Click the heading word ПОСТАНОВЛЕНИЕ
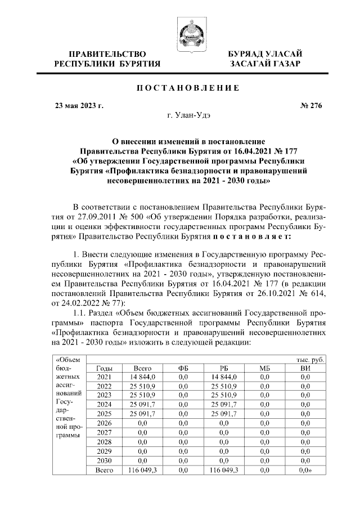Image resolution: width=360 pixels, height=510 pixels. coord(180,87)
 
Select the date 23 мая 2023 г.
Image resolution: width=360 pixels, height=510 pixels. coord(79,105)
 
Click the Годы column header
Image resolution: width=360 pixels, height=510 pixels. coord(105,368)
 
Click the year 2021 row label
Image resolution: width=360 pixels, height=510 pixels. coord(105,377)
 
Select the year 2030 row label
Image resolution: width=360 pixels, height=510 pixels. coord(105,460)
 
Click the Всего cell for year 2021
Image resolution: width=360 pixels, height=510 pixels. coord(138,377)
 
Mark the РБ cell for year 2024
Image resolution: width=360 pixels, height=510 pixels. coord(223,405)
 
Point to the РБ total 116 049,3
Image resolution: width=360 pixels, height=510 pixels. coord(223,469)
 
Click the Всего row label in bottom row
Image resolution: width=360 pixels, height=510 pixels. coord(105,469)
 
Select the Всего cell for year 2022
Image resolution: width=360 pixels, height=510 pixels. coord(138,387)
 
